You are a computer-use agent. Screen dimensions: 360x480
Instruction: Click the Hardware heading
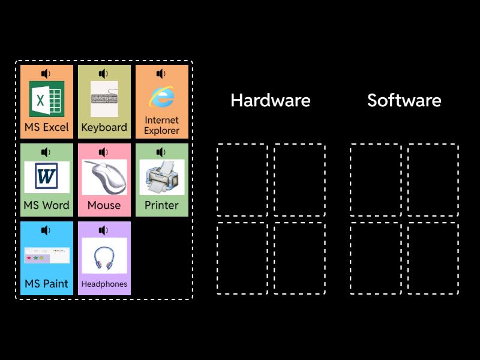click(270, 100)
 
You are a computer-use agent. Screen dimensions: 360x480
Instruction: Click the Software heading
click(404, 100)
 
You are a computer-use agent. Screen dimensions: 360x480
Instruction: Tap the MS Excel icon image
click(47, 99)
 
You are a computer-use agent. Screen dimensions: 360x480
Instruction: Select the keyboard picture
click(104, 99)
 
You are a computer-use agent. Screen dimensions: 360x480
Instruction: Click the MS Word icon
click(47, 177)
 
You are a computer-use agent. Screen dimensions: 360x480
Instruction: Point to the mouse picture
click(104, 177)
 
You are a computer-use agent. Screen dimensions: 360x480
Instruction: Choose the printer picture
click(161, 177)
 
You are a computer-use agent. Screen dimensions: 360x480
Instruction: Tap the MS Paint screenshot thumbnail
click(47, 255)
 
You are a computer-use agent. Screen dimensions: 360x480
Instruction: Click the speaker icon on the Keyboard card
click(103, 74)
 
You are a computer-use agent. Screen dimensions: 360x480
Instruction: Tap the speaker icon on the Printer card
click(161, 152)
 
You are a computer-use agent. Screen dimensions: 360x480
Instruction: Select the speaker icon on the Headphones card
click(103, 230)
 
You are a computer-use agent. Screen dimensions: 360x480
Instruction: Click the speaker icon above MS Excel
click(46, 74)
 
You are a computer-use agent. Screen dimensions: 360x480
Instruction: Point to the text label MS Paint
click(47, 283)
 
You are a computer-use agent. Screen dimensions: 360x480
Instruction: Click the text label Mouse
click(104, 205)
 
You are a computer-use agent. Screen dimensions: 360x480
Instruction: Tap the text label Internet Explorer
click(161, 125)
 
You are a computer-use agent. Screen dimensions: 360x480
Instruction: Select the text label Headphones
click(104, 284)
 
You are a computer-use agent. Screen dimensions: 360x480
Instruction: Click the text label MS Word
click(47, 205)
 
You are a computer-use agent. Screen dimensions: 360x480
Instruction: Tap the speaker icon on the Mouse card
click(103, 152)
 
